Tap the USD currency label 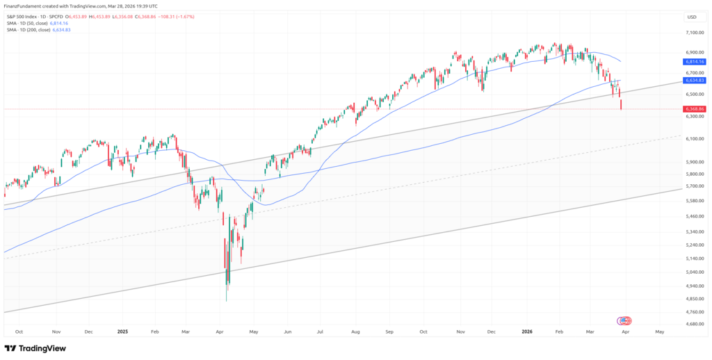691,17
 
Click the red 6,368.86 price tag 694,109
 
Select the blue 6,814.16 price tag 694,61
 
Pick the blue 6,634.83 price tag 694,81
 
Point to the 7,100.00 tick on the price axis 695,32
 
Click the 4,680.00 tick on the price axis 695,324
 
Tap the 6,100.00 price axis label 695,139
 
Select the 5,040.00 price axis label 695,272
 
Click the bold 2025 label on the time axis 123,332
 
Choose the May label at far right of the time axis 659,332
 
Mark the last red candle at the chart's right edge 620,104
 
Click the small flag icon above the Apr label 624,320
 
